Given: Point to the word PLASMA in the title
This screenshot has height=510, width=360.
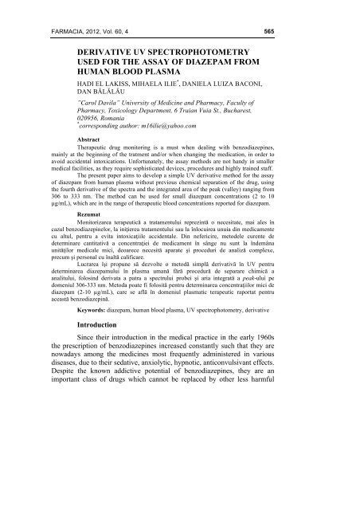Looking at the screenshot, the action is [214, 76].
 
